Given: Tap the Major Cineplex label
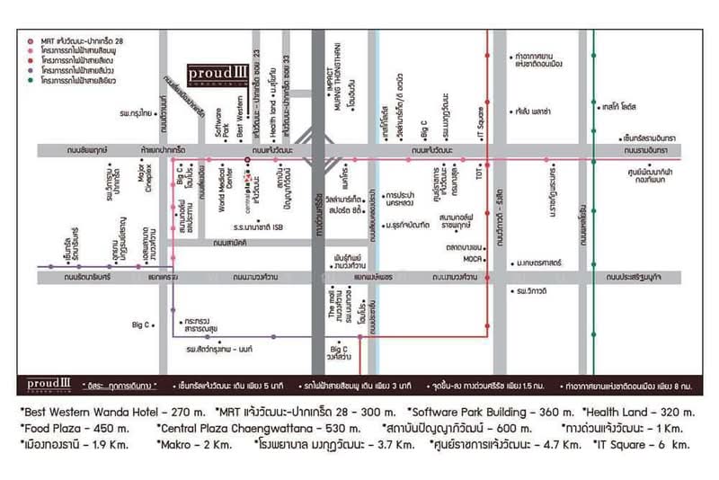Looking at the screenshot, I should tap(141, 175).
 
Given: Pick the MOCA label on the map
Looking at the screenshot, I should tap(472, 257).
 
